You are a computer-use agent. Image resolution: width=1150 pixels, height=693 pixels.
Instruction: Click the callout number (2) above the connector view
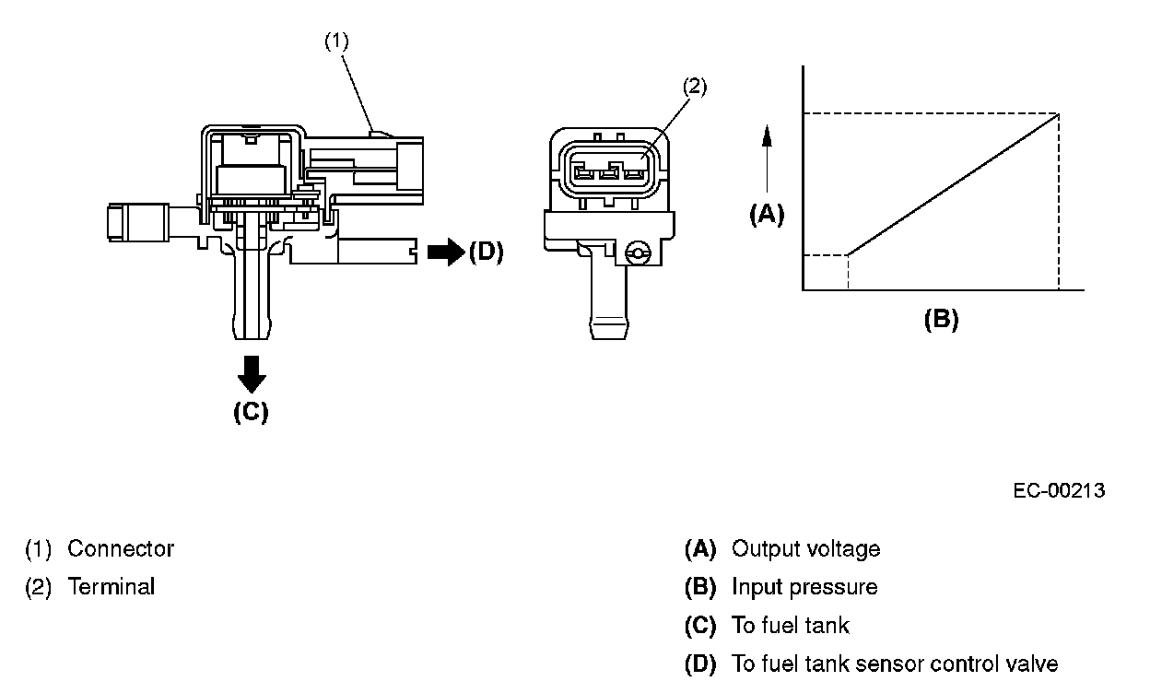point(695,88)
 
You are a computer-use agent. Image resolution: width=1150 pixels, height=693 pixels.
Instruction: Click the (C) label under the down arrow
point(251,411)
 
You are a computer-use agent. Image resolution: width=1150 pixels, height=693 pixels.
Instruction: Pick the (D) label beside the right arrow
point(486,252)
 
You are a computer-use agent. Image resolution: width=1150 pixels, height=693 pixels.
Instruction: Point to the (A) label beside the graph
point(767,214)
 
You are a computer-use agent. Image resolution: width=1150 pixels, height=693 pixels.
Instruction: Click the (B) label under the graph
point(941,320)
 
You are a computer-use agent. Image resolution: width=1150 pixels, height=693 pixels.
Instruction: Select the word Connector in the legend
point(121,549)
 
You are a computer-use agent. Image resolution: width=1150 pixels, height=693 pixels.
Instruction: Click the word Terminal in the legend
point(111,587)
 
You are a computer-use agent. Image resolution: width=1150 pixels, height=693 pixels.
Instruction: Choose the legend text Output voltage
point(805,549)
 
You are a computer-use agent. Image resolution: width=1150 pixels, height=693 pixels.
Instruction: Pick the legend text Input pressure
point(804,587)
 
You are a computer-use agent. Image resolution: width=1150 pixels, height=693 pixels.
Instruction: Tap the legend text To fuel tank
point(790,626)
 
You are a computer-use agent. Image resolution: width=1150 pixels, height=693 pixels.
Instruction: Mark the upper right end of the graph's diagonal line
point(1058,113)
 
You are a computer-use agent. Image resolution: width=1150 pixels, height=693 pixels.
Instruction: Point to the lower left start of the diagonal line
point(847,254)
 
